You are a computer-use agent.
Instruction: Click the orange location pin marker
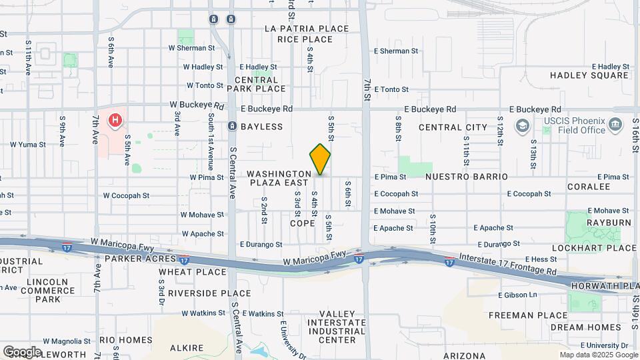coord(320,159)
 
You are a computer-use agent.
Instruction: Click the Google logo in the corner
coord(21,352)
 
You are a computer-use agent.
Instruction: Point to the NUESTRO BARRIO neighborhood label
coord(466,177)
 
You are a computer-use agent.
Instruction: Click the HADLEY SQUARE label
coord(589,75)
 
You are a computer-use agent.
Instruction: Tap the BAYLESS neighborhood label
coord(261,127)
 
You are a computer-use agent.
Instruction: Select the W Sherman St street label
coord(191,48)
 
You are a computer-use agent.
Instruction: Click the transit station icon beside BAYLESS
coord(232,126)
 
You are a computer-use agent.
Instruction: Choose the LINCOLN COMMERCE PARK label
coord(48,291)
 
